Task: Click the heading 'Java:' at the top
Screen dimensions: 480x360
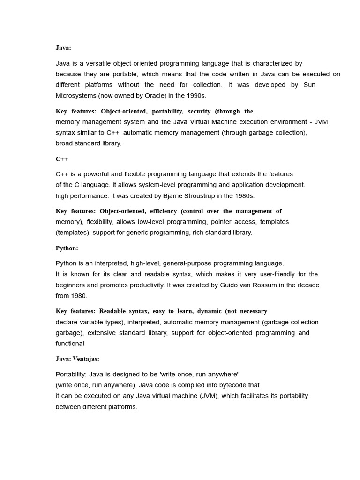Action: pos(63,48)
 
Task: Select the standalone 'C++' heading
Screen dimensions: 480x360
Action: pos(62,159)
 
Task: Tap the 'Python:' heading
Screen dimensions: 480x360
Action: pos(67,248)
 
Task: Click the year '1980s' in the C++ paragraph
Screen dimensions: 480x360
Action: pos(243,195)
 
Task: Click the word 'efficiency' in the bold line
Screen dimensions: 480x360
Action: pos(163,211)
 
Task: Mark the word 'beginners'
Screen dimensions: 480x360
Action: pos(70,285)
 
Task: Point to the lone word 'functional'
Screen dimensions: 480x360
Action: pos(70,344)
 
